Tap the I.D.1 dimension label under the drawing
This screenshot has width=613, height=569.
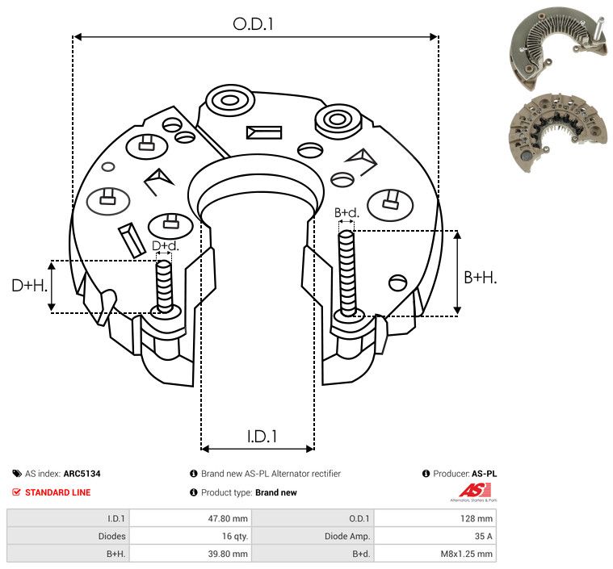pyautogui.click(x=262, y=437)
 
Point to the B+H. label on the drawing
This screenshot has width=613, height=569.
pyautogui.click(x=480, y=278)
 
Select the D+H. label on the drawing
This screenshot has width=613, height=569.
pyautogui.click(x=29, y=286)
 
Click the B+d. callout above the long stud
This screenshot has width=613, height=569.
pyautogui.click(x=346, y=212)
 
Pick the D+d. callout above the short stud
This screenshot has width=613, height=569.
pyautogui.click(x=165, y=246)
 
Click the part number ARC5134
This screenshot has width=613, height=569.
pyautogui.click(x=82, y=474)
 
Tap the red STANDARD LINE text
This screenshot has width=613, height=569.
pyautogui.click(x=58, y=492)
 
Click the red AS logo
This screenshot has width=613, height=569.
pyautogui.click(x=475, y=492)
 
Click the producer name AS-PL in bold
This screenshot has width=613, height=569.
pyautogui.click(x=484, y=474)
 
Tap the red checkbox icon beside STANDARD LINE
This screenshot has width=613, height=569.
pyautogui.click(x=16, y=492)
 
